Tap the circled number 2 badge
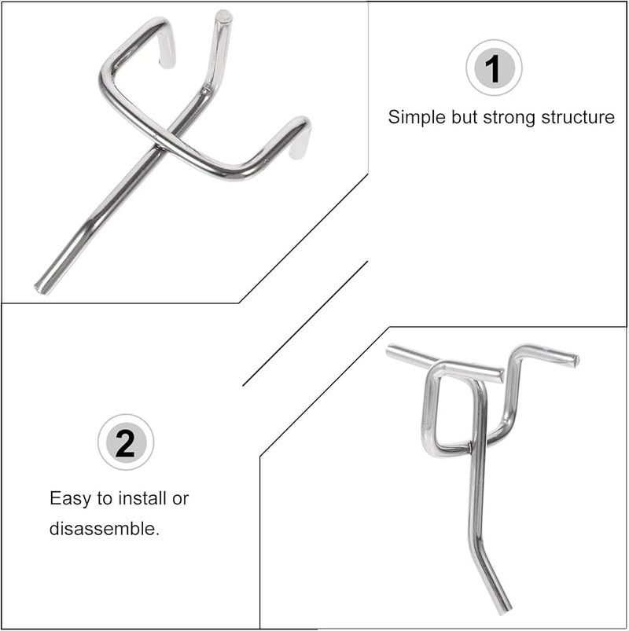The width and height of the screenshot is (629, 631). point(125,444)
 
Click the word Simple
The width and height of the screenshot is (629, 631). point(417,118)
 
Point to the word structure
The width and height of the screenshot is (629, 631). point(577,118)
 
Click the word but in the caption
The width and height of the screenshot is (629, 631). point(466,118)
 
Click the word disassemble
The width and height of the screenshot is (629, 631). point(104,528)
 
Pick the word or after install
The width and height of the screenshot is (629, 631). point(181,498)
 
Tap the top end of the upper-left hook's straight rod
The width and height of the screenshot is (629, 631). point(223,15)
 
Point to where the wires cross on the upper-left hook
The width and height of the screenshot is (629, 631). point(169,142)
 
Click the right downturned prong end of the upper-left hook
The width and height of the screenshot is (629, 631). point(299,153)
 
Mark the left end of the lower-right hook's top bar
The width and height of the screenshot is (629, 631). point(391,351)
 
